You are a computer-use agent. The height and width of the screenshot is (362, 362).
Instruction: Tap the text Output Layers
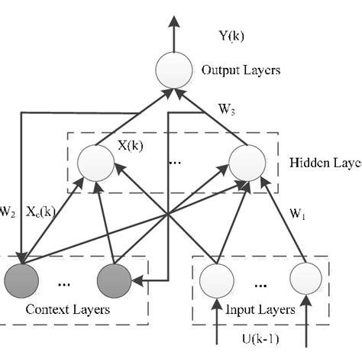pyautogui.click(x=241, y=70)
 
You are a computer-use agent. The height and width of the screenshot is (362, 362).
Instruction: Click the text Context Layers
pyautogui.click(x=68, y=310)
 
